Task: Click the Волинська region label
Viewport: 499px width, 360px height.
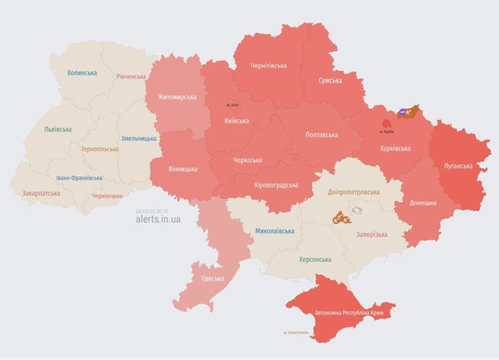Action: tap(82, 73)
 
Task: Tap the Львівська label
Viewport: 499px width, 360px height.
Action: tap(58, 129)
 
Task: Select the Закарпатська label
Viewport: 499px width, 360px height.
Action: tap(41, 193)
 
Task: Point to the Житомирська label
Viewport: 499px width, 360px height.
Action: tap(177, 97)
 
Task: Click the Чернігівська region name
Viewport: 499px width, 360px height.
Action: tap(268, 66)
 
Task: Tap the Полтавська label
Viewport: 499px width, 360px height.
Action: tap(322, 135)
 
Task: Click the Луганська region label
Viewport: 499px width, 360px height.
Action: tap(458, 166)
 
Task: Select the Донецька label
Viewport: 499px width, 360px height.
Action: tap(423, 203)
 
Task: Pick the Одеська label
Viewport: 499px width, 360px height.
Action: tap(212, 279)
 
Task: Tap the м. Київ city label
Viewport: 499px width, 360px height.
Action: tap(232, 105)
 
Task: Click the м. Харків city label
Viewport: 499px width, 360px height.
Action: tap(386, 131)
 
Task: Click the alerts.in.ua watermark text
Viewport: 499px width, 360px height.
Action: tap(158, 219)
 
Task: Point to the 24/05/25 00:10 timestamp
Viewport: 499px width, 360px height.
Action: tap(151, 211)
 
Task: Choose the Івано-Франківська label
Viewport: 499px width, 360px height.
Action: tap(79, 178)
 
